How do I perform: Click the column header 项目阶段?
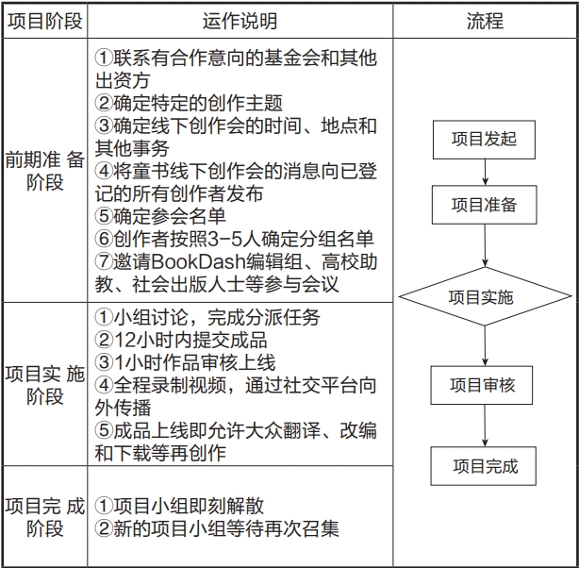pos(45,21)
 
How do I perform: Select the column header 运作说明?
pos(240,21)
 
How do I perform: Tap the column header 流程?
pos(485,21)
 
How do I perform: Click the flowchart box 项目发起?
pos(484,140)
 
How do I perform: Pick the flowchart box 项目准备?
pos(484,205)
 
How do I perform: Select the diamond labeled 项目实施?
pos(485,296)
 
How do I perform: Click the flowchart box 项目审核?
pos(482,385)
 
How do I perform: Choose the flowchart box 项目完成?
pos(484,466)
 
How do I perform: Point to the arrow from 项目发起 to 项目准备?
pos(485,173)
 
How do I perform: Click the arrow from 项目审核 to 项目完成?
pos(485,426)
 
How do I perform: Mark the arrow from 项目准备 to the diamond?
pos(485,245)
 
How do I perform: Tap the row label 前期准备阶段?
pos(45,171)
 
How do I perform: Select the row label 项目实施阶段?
pos(45,385)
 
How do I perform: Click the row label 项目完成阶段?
pos(45,517)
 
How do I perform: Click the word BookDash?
pos(199,261)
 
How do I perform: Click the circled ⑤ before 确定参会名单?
pos(104,216)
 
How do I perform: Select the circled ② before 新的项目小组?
pos(104,528)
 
